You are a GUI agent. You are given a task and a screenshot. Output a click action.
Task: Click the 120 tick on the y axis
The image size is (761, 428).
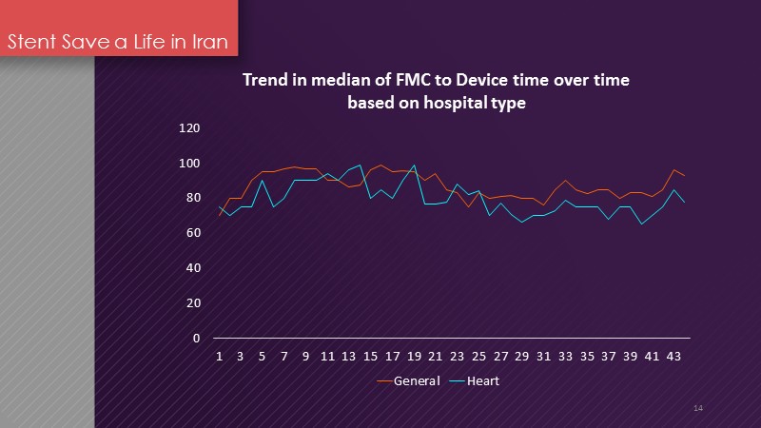189,128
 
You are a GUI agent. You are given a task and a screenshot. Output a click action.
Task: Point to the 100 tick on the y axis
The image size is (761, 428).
189,164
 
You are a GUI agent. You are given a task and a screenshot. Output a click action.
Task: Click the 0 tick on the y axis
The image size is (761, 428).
196,339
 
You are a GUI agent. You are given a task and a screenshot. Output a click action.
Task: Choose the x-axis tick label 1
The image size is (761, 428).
220,358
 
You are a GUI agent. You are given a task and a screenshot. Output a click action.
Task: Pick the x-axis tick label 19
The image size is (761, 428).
414,358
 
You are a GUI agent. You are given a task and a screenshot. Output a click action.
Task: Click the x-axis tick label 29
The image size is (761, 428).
521,358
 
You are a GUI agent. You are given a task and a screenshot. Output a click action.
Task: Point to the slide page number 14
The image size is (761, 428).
698,408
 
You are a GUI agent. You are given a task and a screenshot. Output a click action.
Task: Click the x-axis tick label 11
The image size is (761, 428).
327,358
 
